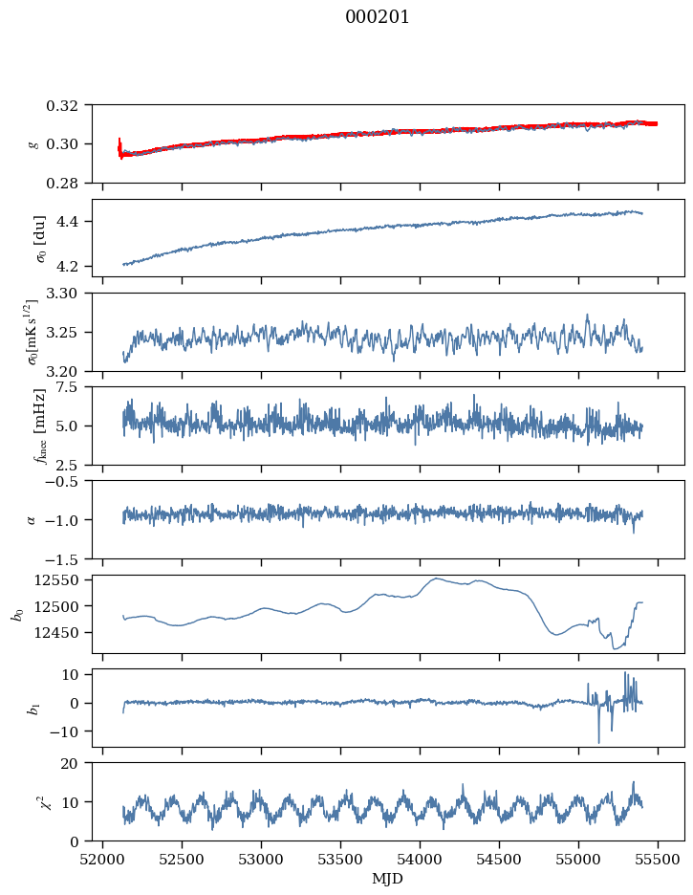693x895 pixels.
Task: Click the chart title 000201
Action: (378, 17)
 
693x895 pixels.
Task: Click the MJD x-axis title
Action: (388, 879)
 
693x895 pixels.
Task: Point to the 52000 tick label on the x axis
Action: (103, 859)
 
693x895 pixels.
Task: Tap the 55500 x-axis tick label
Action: (658, 859)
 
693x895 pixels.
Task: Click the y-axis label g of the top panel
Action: (34, 143)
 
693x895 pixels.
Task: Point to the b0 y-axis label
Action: (16, 613)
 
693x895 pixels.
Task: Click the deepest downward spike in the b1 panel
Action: (599, 742)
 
